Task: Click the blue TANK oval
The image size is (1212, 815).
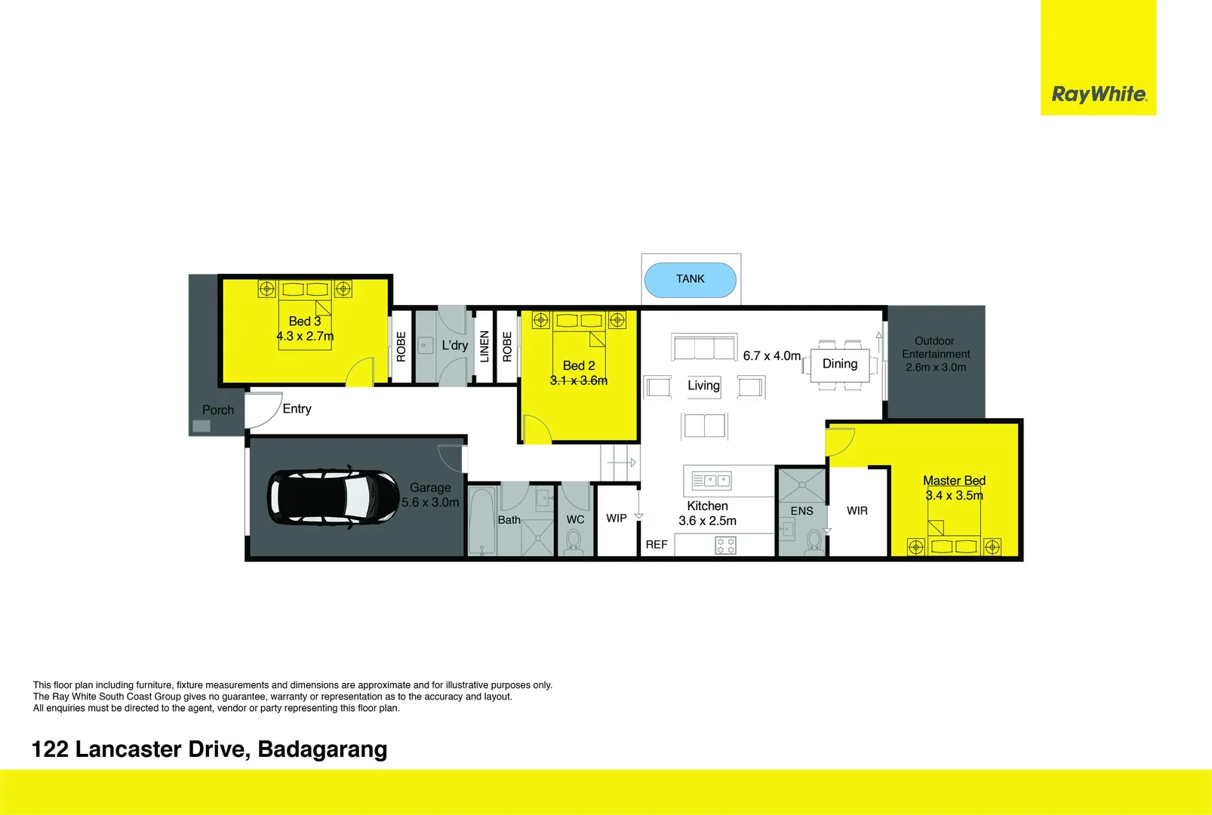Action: [x=690, y=280]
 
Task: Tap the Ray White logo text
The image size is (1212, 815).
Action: [x=1098, y=94]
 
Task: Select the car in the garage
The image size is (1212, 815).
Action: [x=333, y=497]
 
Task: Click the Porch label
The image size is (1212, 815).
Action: [x=217, y=410]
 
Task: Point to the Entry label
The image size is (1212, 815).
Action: [x=297, y=408]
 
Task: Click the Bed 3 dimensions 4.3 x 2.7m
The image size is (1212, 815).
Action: [x=305, y=337]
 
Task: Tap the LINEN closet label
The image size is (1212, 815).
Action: [x=484, y=346]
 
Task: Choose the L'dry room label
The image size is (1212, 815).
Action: [x=454, y=346]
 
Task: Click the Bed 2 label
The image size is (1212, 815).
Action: [x=579, y=365]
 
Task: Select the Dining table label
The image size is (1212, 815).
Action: [x=839, y=364]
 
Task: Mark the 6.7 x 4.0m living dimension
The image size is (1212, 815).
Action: [x=771, y=355]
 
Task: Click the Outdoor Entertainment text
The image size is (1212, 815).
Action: [x=936, y=347]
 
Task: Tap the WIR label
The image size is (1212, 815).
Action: [x=857, y=511]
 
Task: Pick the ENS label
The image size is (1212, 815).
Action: [x=801, y=511]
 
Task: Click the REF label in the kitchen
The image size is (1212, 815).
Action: [x=656, y=544]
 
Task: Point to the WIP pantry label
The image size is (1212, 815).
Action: [x=616, y=518]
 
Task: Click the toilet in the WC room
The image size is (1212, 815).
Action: [x=574, y=541]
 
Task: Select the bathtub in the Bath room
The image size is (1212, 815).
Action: [x=481, y=521]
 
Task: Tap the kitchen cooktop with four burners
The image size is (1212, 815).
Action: [x=725, y=545]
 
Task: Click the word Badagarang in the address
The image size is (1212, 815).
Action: [x=322, y=749]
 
